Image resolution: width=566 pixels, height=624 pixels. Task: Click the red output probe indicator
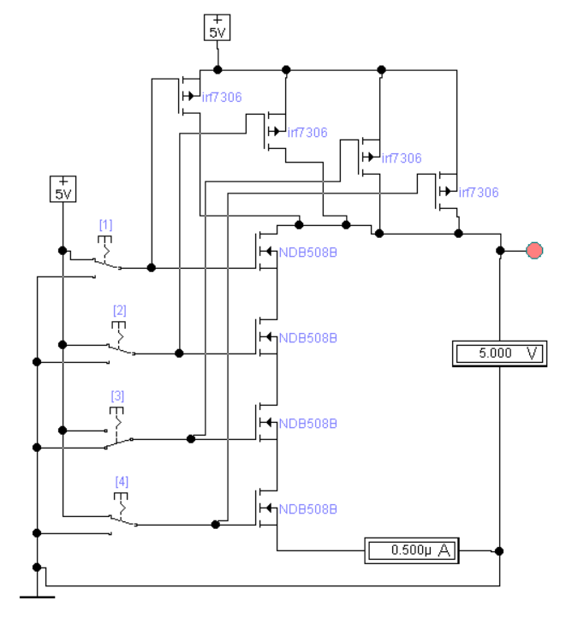pos(534,250)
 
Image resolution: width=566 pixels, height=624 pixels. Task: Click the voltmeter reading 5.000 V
pos(499,354)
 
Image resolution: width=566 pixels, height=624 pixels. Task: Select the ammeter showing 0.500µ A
pos(412,550)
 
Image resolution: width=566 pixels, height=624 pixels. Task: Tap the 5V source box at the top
pos(217,27)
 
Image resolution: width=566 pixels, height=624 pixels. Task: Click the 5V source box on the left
pos(63,188)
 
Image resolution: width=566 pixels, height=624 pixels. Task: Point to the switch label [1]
pos(105,225)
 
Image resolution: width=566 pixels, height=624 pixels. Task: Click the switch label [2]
pos(119,310)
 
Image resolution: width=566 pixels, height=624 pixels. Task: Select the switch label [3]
pos(117,396)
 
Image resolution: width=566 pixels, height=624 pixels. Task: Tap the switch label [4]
pos(122,482)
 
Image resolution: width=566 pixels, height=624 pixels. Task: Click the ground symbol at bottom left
pos(37,597)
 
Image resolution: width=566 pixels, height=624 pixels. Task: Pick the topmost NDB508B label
pos(308,253)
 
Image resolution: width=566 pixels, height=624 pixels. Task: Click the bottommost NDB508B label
pos(308,509)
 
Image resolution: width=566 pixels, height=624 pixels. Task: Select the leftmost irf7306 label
pos(222,97)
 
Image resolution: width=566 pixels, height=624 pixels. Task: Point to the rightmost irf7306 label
pos(479,193)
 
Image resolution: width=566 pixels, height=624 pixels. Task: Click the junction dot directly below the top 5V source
pos(217,70)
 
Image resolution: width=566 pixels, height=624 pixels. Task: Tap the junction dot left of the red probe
pos(500,251)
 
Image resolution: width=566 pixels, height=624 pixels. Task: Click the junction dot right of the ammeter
pos(499,550)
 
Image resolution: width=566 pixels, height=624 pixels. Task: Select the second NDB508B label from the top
pos(308,338)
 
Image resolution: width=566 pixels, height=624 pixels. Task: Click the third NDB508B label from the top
pos(308,424)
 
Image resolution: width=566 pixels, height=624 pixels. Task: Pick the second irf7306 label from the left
pos(307,132)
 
